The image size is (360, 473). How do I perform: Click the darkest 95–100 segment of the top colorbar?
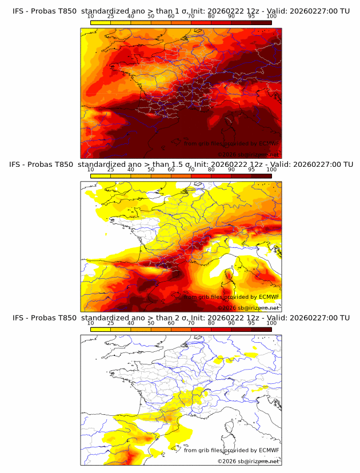pyautogui.click(x=261, y=22)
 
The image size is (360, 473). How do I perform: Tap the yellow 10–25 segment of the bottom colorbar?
pyautogui.click(x=101, y=328)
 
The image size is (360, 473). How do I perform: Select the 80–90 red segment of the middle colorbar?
pyautogui.click(x=221, y=175)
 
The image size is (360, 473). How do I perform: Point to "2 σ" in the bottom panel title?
pyautogui.click(x=170, y=318)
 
